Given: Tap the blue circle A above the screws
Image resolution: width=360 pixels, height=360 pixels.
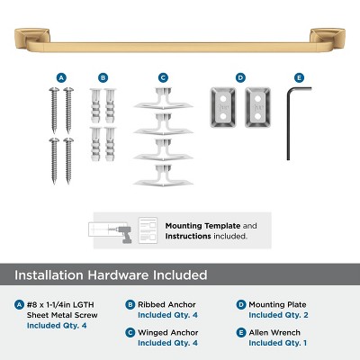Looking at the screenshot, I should (x=61, y=78).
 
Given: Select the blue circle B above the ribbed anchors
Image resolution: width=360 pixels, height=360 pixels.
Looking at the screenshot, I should (x=103, y=78).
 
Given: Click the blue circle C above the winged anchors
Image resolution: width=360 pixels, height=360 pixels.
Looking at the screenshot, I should (x=163, y=78).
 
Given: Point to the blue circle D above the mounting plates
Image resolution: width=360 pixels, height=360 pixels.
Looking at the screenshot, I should (x=240, y=78).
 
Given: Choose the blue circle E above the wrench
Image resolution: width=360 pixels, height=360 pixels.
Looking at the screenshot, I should (x=300, y=78).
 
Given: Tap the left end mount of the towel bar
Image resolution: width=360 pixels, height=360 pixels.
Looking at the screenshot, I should (x=28, y=39).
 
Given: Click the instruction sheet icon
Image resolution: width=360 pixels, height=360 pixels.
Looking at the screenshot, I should (x=148, y=229).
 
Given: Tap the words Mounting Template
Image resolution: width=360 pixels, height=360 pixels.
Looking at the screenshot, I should (x=197, y=226).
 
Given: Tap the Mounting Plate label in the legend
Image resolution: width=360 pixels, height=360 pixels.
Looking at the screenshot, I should (x=278, y=305).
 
